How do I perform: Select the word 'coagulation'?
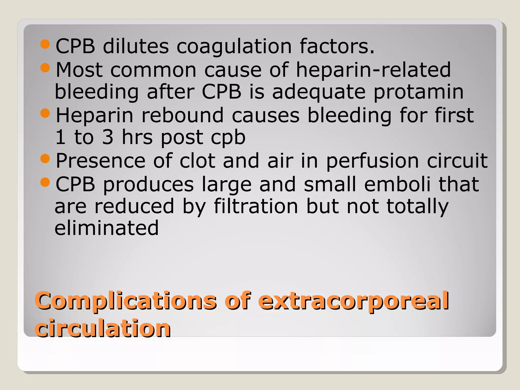point(234,47)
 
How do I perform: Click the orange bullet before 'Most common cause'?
point(45,68)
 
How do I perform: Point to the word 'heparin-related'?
point(373,70)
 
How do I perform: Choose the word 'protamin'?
point(418,92)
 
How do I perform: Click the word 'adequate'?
point(319,92)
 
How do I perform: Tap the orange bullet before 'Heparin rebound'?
point(45,113)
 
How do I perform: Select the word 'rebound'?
point(183,116)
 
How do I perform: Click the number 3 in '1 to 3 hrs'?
point(108,137)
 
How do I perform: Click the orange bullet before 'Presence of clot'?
point(45,159)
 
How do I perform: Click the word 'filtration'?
point(256,206)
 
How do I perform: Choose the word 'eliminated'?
point(107,228)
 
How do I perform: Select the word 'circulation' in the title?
point(103,329)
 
